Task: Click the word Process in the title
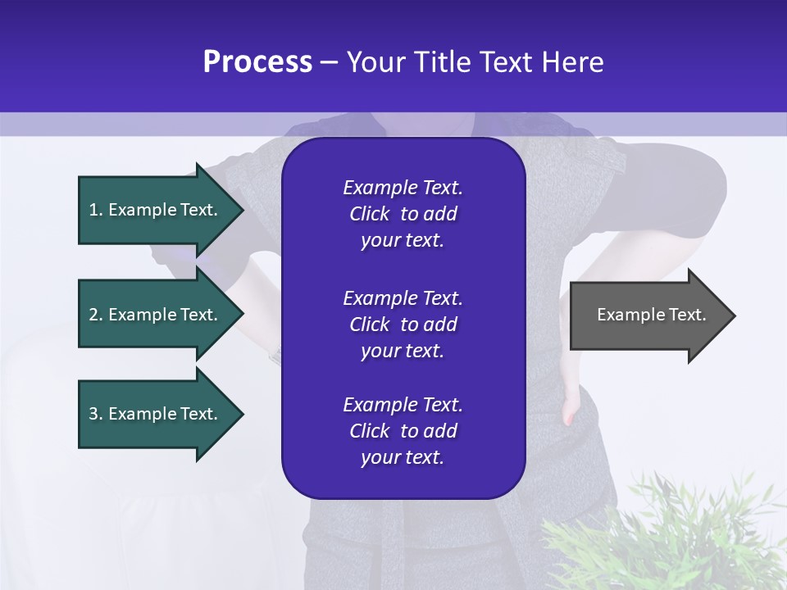pyautogui.click(x=257, y=62)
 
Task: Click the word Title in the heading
pyautogui.click(x=442, y=62)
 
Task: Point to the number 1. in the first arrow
pyautogui.click(x=96, y=210)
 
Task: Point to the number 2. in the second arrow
pyautogui.click(x=96, y=315)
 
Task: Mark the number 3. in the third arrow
pyautogui.click(x=96, y=414)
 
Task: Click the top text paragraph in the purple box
pyautogui.click(x=403, y=214)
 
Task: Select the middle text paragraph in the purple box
pyautogui.click(x=403, y=324)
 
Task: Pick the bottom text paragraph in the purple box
pyautogui.click(x=403, y=431)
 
